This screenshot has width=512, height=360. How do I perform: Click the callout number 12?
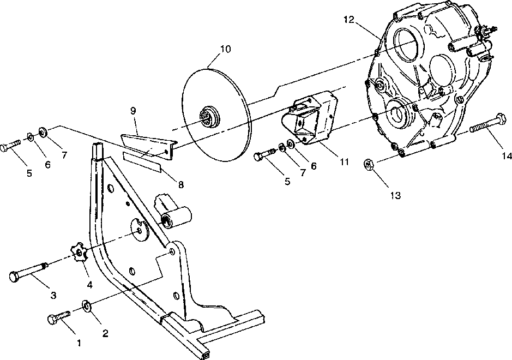[x=349, y=20]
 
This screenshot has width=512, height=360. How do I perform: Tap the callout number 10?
[x=225, y=49]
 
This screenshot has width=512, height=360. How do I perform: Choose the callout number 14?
[x=507, y=156]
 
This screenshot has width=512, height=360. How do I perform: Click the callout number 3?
[x=53, y=295]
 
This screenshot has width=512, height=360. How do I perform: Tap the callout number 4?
[x=88, y=285]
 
